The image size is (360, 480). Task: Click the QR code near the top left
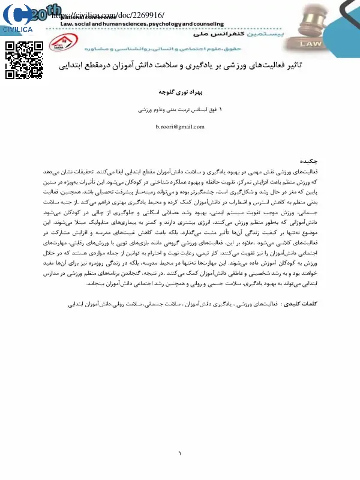coord(23,60)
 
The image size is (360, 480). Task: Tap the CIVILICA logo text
coord(19,29)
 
